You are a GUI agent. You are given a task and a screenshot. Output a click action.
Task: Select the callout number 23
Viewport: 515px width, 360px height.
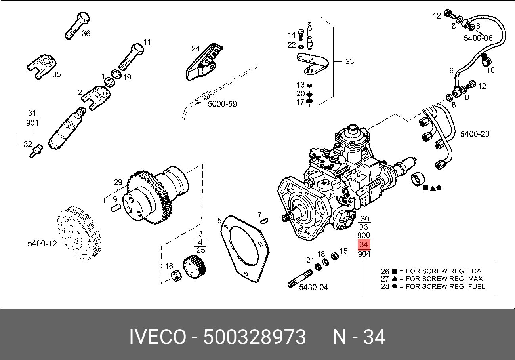pos(349,61)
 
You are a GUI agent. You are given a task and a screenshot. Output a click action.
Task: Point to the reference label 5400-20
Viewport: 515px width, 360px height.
pos(475,134)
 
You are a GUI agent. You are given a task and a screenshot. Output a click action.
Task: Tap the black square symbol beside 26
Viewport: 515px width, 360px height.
pos(395,271)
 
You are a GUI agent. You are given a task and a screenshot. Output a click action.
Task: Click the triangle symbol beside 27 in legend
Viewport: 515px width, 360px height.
pos(395,279)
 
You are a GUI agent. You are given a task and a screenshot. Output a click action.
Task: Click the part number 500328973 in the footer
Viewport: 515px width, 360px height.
pos(255,337)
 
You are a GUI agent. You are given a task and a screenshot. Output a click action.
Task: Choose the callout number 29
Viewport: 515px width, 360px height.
pos(118,183)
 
